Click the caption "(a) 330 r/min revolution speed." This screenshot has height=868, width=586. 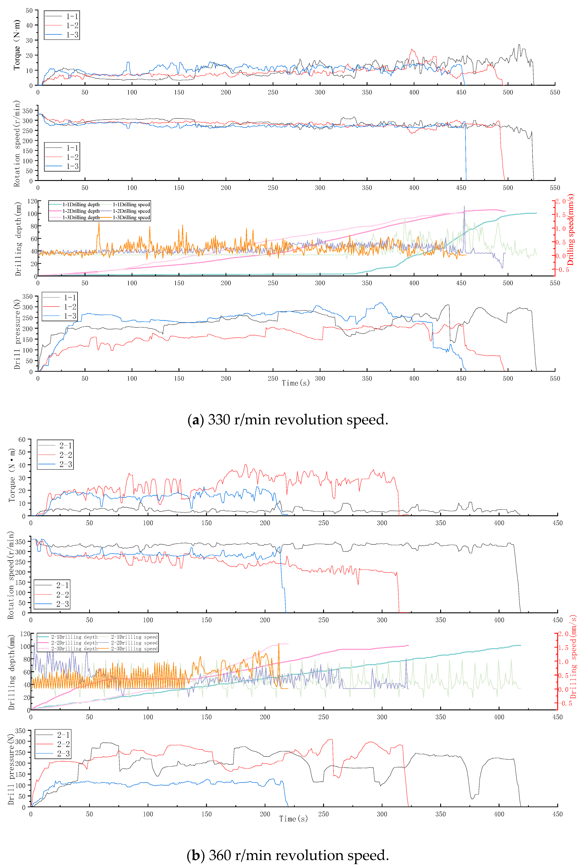pos(288,420)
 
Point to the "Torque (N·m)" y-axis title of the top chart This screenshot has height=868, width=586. pos(16,45)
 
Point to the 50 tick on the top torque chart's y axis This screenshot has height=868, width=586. pos(29,10)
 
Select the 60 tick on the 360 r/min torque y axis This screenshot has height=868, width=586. pos(22,440)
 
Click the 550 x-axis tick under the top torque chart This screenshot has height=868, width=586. pos(555,92)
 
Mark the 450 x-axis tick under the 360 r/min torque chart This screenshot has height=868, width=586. pos(557,523)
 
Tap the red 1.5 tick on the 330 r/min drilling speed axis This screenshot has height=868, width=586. pos(561,215)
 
